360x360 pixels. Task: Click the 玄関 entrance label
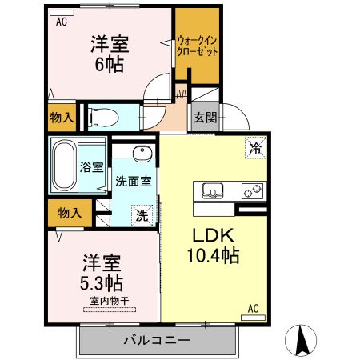click(203, 117)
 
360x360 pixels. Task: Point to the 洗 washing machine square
click(142, 214)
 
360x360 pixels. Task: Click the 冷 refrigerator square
click(255, 148)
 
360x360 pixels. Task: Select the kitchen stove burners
click(254, 191)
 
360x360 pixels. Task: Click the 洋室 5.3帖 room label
click(101, 272)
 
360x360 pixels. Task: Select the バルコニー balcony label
click(157, 340)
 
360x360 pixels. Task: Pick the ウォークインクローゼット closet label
click(198, 44)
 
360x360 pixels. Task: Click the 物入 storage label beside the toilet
click(62, 118)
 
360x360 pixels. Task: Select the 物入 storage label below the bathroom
click(69, 212)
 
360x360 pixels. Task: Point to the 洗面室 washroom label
click(133, 181)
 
